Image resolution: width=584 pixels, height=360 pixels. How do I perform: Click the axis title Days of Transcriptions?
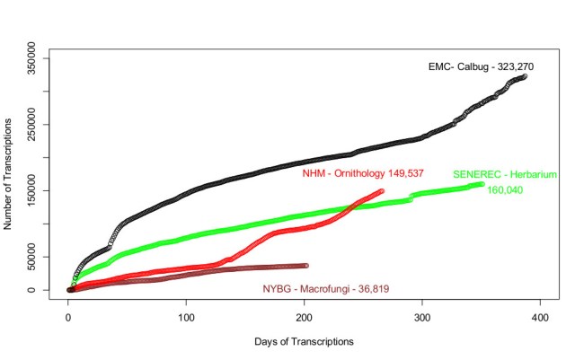(x=305, y=342)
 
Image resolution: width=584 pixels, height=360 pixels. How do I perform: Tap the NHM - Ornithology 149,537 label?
(x=363, y=173)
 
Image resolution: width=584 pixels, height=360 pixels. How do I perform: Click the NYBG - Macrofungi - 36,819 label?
(x=326, y=288)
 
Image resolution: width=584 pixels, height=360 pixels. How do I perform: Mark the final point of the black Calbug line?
(x=525, y=76)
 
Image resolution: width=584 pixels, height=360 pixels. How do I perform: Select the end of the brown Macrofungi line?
(x=305, y=266)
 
